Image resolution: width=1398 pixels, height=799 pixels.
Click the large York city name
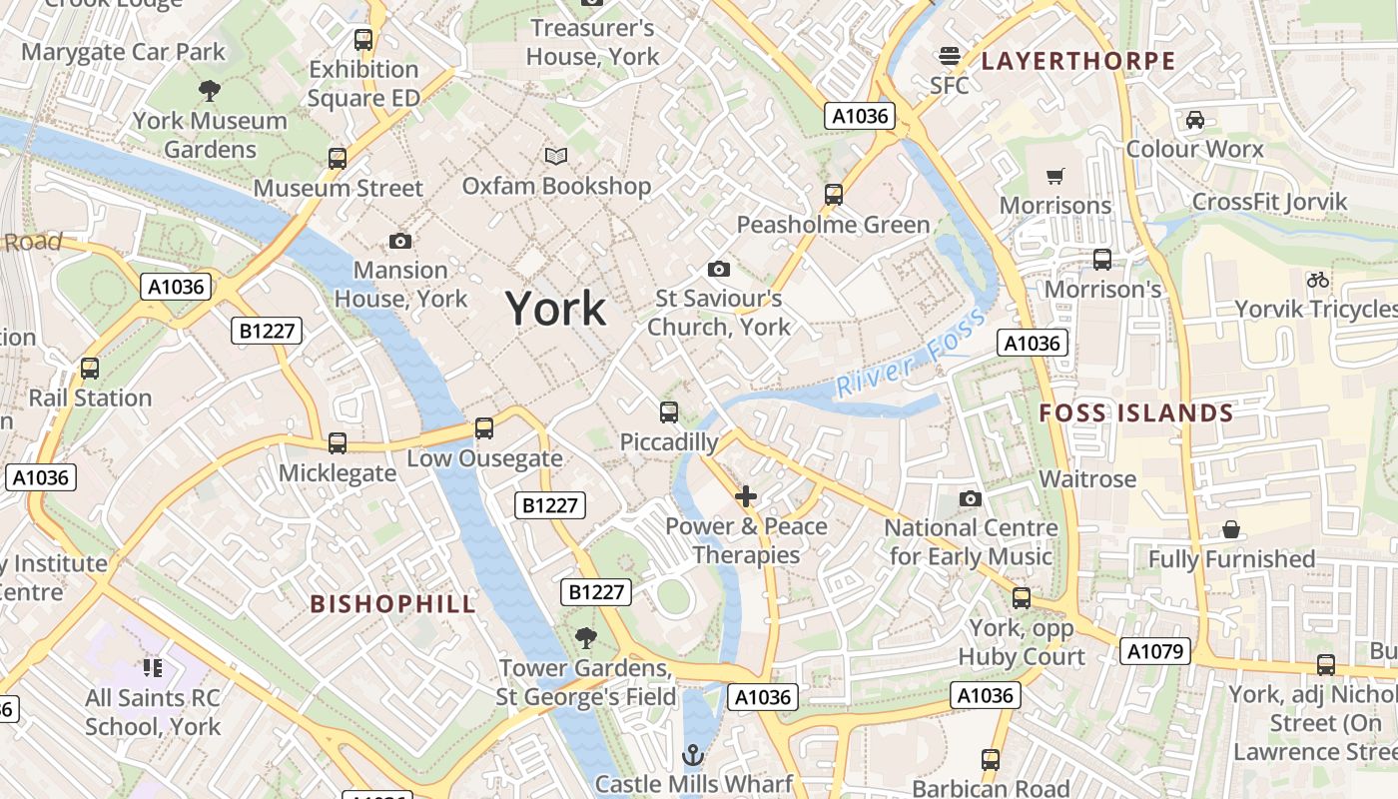[555, 309]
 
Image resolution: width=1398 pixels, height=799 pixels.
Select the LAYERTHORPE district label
[1077, 61]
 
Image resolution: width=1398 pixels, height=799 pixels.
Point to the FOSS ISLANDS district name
[1135, 413]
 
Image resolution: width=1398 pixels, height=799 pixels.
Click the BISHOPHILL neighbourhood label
[392, 604]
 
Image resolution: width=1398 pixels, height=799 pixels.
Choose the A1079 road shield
[1155, 652]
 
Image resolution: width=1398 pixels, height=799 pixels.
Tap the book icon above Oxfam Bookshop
[555, 157]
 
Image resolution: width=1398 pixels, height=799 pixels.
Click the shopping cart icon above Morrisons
[1054, 177]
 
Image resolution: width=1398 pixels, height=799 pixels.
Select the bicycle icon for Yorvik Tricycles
[1318, 280]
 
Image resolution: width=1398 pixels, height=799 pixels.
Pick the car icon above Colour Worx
[1194, 120]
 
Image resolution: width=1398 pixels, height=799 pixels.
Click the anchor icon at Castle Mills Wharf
[693, 754]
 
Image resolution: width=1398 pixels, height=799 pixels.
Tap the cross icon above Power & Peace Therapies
[745, 496]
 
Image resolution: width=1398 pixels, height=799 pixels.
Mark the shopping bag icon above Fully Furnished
[1231, 529]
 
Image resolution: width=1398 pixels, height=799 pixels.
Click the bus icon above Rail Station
[90, 369]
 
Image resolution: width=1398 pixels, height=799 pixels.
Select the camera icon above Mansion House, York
[400, 242]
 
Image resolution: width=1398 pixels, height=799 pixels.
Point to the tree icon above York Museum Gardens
[210, 91]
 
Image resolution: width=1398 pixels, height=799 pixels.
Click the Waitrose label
[1087, 479]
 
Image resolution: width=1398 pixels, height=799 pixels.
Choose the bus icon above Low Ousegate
[484, 428]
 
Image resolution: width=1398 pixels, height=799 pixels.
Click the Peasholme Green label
[833, 225]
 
